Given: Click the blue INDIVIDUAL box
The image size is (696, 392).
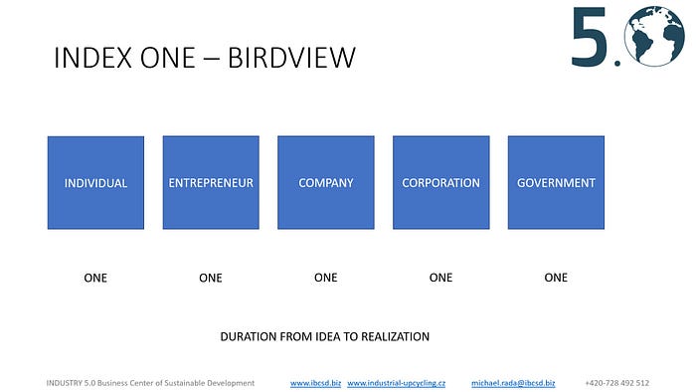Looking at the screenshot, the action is pyautogui.click(x=95, y=182).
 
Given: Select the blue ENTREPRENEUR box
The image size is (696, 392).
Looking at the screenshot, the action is pyautogui.click(x=211, y=182).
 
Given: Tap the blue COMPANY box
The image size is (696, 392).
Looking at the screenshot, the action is pyautogui.click(x=326, y=182).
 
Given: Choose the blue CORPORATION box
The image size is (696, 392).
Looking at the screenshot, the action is pyautogui.click(x=441, y=182).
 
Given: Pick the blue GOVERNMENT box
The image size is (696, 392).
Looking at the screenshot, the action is pyautogui.click(x=556, y=182).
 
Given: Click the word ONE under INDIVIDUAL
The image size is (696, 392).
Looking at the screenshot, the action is pyautogui.click(x=95, y=278).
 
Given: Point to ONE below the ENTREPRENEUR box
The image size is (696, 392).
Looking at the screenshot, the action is pyautogui.click(x=211, y=278).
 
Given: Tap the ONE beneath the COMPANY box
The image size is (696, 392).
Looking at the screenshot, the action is pyautogui.click(x=326, y=278).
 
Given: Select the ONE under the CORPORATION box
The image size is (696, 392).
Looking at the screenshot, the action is pyautogui.click(x=440, y=278).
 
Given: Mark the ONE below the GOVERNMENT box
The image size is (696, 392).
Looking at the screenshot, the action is pyautogui.click(x=556, y=278).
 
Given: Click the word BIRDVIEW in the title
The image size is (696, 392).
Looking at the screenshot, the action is pyautogui.click(x=291, y=58).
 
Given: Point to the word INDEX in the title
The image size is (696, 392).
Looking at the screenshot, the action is pyautogui.click(x=93, y=58).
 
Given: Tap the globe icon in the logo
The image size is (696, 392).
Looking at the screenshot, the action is pyautogui.click(x=654, y=36).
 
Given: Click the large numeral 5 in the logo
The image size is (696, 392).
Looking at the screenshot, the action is pyautogui.click(x=589, y=37).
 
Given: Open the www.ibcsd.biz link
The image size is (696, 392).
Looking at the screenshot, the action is pyautogui.click(x=315, y=383).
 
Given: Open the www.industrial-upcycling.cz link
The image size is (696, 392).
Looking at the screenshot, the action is pyautogui.click(x=396, y=383).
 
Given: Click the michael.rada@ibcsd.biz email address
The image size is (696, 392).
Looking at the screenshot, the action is pyautogui.click(x=513, y=383).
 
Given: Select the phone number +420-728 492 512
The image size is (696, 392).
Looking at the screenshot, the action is pyautogui.click(x=617, y=383).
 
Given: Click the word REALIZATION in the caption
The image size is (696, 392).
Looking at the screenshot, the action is pyautogui.click(x=395, y=336).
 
